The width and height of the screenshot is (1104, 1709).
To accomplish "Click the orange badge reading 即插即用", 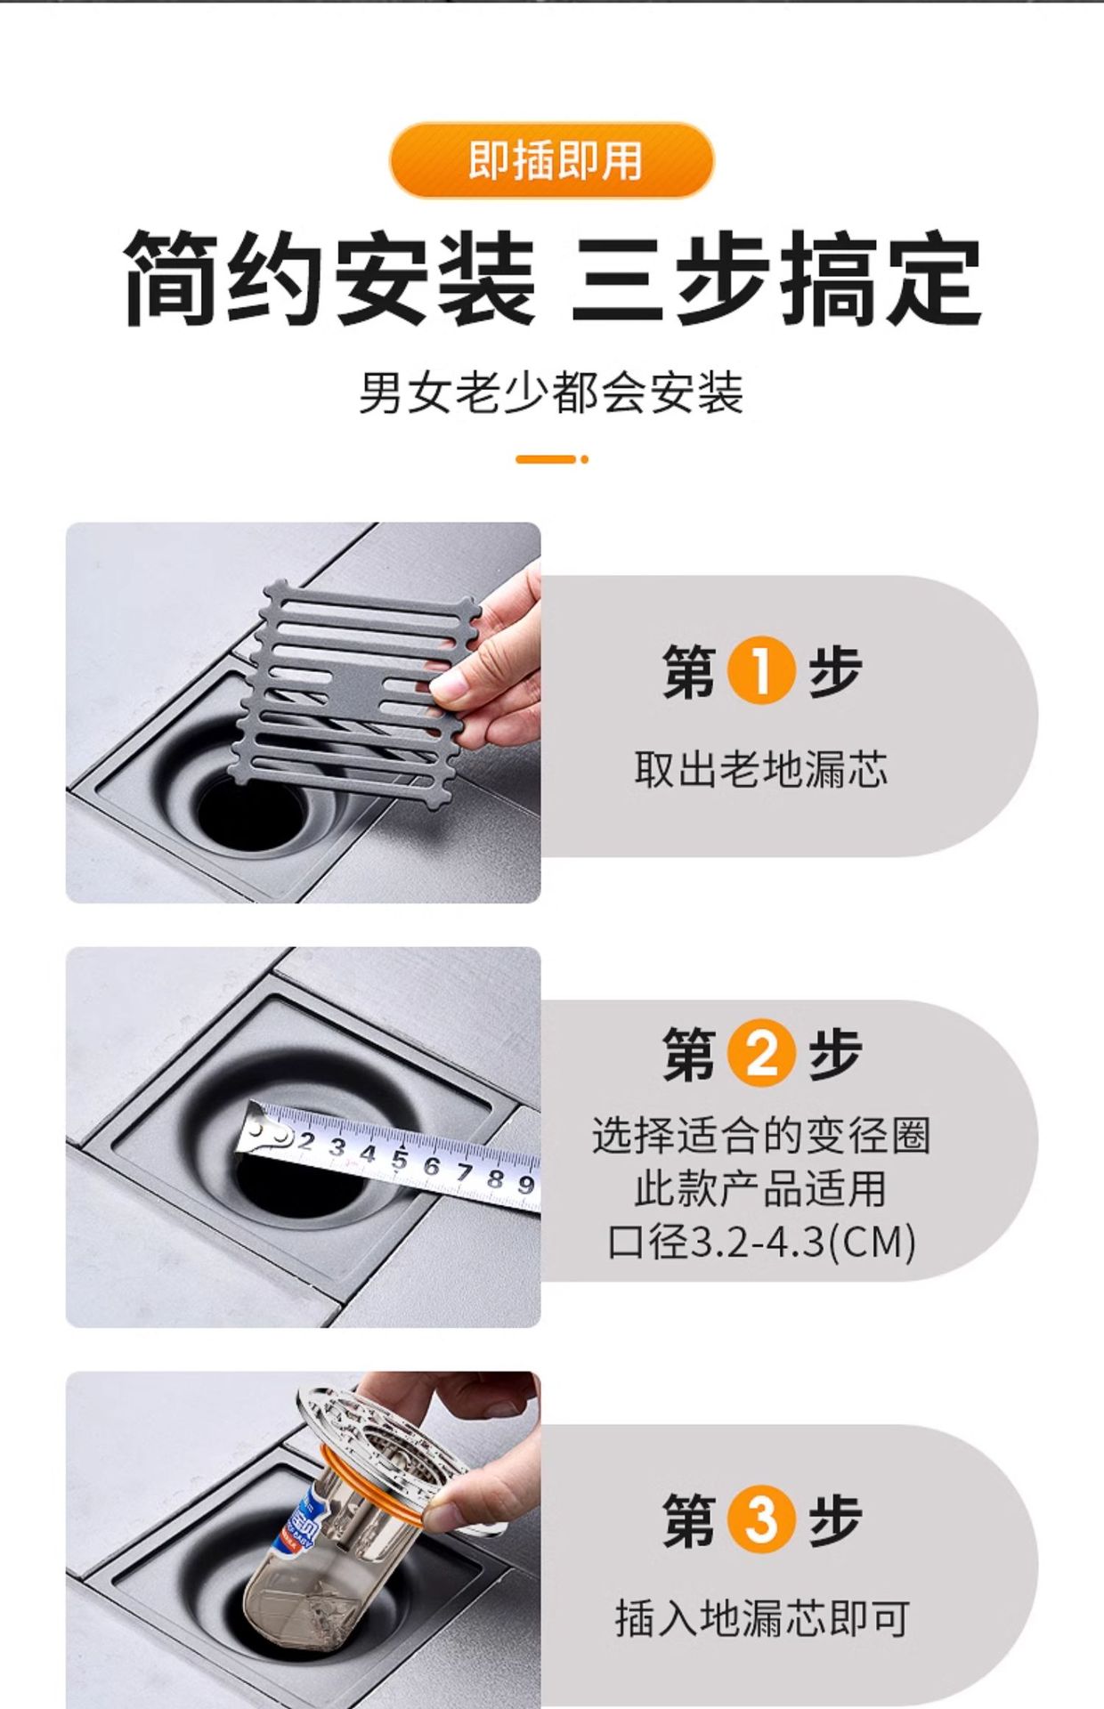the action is pos(552,161).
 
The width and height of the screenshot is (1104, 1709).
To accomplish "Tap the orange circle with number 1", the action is pos(760,671).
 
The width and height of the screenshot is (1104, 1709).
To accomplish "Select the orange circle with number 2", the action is pos(760,1053).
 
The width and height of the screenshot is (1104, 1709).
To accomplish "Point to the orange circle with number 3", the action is pos(760,1519).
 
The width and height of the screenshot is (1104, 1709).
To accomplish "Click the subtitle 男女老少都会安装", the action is pos(551,393).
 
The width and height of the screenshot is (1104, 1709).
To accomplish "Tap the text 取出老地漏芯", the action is pos(760,769).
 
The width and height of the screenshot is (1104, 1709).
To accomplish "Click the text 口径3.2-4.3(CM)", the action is pos(761,1243).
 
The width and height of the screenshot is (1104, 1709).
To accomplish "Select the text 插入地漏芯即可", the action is pos(761,1617).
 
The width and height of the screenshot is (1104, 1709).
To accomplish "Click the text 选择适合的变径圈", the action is pos(761,1136).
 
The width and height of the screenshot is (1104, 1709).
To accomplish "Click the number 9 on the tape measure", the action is pos(525,1184).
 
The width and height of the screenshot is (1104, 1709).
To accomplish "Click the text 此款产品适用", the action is pos(760,1189).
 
